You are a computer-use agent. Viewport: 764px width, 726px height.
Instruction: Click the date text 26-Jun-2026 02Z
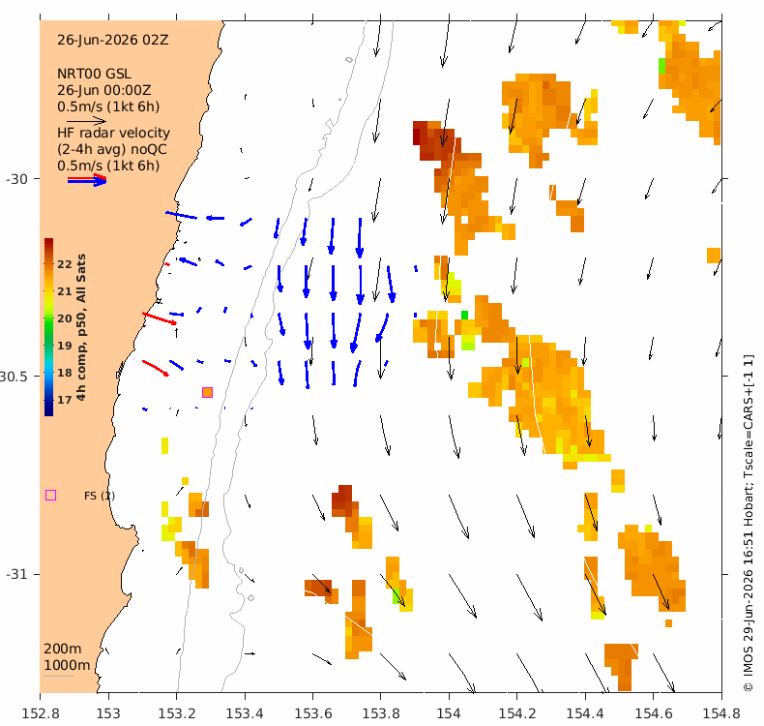pos(113,40)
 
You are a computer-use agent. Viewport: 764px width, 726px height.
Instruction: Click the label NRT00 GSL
pos(94,74)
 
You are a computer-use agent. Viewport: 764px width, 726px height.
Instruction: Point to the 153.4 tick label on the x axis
pos(245,713)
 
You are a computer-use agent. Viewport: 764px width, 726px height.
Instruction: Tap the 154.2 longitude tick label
pos(517,713)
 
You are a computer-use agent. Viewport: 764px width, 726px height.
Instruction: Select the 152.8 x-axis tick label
pos(41,713)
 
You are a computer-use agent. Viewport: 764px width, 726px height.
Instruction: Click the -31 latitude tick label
pos(16,574)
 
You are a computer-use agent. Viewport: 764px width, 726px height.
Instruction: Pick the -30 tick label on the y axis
pos(16,179)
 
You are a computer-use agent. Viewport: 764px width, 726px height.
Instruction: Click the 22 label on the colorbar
pos(65,264)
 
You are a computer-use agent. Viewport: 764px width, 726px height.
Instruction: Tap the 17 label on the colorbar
pos(65,400)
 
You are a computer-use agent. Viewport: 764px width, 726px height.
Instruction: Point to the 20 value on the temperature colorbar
pos(65,318)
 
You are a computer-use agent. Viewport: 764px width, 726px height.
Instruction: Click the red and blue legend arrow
pos(87,180)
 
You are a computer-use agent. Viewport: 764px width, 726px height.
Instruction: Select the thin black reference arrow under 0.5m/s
pos(86,121)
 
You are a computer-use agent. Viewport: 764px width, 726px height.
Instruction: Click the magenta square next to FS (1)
pos(50,496)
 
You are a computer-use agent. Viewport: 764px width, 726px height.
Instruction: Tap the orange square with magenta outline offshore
pos(208,392)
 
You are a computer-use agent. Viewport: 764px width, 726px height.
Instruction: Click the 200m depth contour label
pos(63,649)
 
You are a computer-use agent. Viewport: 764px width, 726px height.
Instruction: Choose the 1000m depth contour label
pos(67,665)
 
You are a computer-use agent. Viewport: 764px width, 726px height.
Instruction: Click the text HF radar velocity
pos(113,133)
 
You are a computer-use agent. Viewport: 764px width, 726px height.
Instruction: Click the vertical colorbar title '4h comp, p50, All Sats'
pos(81,327)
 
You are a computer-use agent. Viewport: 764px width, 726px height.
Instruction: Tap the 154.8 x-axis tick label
pos(721,713)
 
